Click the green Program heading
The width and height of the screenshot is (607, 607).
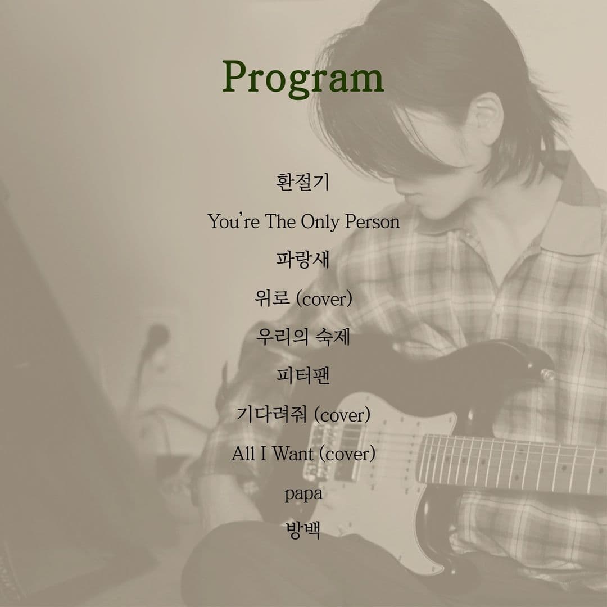point(303,78)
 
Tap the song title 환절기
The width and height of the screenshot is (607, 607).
point(303,182)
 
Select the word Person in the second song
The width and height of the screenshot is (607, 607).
point(373,221)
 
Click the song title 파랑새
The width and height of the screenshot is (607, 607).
point(303,259)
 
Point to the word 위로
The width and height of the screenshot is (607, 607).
point(272,298)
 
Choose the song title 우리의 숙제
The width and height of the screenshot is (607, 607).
point(303,337)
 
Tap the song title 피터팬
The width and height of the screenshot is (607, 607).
point(303,375)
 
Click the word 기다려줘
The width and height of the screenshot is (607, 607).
point(272,414)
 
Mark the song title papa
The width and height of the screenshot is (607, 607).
point(303,494)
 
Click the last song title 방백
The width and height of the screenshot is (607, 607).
point(303,531)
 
